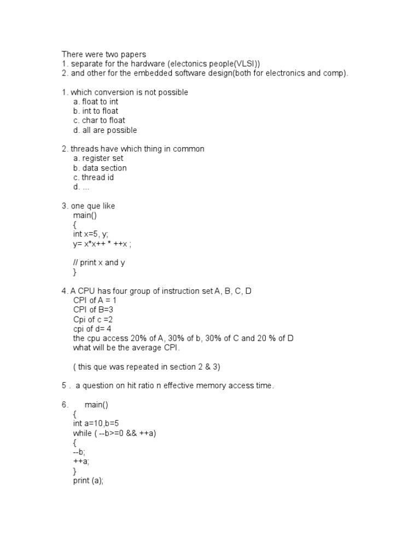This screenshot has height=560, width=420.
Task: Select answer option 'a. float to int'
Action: tap(96, 102)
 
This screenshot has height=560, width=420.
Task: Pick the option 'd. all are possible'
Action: tap(105, 130)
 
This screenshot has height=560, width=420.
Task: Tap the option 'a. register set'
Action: tap(98, 159)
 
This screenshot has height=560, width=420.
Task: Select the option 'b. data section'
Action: tap(100, 168)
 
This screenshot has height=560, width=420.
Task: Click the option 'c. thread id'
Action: tap(94, 177)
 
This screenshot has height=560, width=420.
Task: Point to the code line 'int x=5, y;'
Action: tap(95, 234)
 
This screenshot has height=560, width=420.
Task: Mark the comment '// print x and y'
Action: tap(99, 262)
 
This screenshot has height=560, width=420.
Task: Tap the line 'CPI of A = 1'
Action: tap(95, 300)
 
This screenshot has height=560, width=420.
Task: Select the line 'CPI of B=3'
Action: tap(93, 310)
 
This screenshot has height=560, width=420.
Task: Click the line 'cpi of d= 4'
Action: tap(92, 329)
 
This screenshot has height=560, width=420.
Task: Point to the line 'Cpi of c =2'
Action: tap(93, 319)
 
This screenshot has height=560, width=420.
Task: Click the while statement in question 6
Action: tap(118, 433)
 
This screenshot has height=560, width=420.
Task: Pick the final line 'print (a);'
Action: tap(88, 481)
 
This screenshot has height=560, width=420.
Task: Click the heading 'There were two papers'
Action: tap(104, 54)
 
